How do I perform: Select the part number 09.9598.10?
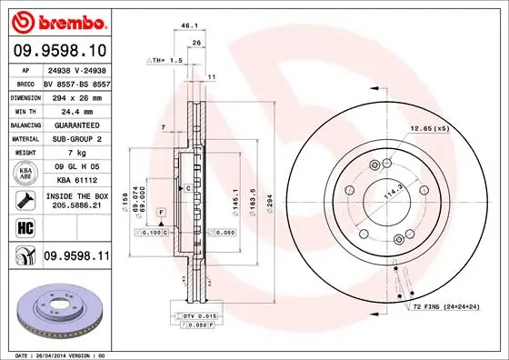(58, 50)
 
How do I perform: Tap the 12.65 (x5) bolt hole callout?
(430, 128)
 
